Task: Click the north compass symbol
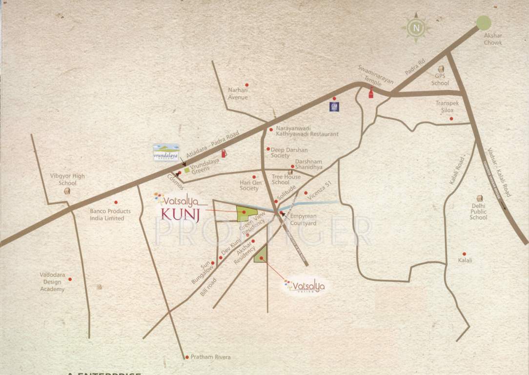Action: (416, 28)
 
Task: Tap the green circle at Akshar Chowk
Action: (483, 22)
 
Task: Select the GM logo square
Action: (334, 106)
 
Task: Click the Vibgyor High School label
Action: (67, 179)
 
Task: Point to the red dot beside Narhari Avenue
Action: (247, 85)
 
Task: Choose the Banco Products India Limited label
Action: (110, 215)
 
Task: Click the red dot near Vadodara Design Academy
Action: (70, 279)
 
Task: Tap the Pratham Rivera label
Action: (210, 357)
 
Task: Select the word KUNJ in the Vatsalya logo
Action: (180, 215)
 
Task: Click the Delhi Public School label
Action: (478, 212)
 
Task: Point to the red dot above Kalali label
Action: (464, 254)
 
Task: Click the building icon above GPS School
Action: (441, 69)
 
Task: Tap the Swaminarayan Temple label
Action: (376, 76)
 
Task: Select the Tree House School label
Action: (286, 179)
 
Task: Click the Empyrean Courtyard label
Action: (303, 220)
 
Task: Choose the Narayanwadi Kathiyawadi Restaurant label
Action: (304, 131)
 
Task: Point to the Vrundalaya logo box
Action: (166, 152)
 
